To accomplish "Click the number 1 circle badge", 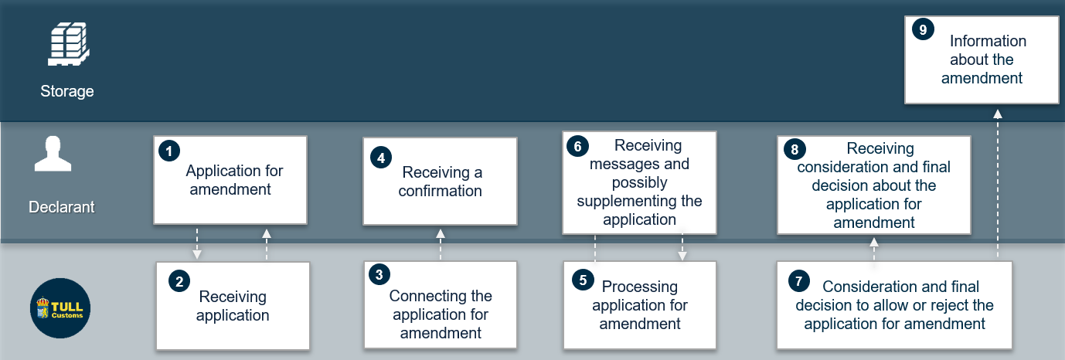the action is tap(169, 151).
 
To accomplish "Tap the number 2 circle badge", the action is tap(179, 282).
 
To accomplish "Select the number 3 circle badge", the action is tap(379, 274).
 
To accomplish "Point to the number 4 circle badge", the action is tap(381, 158).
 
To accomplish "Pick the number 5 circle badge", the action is tap(583, 280).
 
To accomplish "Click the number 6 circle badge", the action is tap(577, 146).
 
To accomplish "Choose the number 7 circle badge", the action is tap(799, 281).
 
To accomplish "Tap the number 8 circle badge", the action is tap(794, 150).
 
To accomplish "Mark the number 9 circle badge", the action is tap(924, 29).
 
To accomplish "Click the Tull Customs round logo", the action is tap(60, 308).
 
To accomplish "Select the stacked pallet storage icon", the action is tap(69, 44).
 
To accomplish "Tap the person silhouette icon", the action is tap(53, 154).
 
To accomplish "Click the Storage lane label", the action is tap(67, 90).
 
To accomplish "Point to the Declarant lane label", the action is tap(61, 207).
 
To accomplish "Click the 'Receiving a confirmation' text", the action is tap(441, 182).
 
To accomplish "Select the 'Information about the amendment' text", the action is tap(982, 59).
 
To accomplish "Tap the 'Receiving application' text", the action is tap(233, 306).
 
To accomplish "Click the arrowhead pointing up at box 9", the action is tap(998, 114).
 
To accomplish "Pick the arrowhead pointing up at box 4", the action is tap(441, 233).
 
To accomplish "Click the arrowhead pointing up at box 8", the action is tap(874, 243).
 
